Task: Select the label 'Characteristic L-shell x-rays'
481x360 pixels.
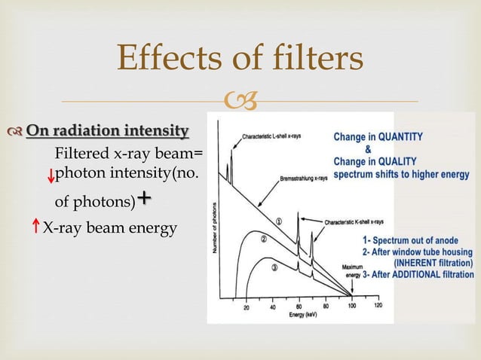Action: pyautogui.click(x=277, y=137)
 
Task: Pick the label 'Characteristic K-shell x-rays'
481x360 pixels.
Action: pyautogui.click(x=354, y=222)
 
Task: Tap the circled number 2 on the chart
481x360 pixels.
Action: pyautogui.click(x=264, y=239)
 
